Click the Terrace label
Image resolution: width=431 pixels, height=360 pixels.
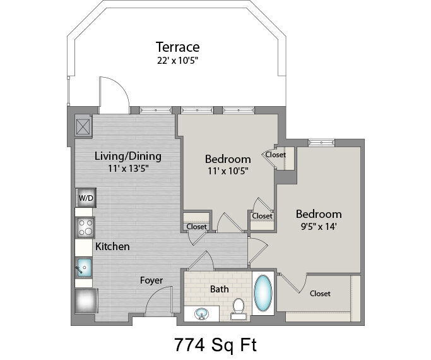pos(177,47)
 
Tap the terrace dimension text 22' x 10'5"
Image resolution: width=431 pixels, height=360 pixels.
pos(177,61)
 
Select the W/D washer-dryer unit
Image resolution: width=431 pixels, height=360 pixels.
pos(86,198)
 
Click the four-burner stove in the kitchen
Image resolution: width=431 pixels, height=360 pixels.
pos(85,228)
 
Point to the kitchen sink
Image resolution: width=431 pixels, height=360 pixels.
pos(84,267)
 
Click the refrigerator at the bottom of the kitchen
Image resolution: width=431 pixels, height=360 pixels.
pos(86,301)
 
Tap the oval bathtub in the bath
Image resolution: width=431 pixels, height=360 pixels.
pos(263,293)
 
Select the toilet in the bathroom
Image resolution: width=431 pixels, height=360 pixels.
pos(239,309)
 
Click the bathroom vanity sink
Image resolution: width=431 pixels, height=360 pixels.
pos(201,313)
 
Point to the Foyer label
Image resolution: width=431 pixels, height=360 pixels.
pos(151,280)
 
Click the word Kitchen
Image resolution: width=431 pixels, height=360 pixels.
pos(112,246)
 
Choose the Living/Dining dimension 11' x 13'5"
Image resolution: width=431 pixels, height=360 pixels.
pos(128,168)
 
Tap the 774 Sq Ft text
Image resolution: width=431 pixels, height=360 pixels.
pos(216,344)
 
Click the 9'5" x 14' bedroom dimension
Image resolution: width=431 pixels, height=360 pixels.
pos(319,227)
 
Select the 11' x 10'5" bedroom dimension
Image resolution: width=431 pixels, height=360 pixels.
pos(228,171)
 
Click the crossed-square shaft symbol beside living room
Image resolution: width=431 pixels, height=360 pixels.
pos(83,127)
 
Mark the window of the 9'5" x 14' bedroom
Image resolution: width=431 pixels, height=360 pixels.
pos(321,143)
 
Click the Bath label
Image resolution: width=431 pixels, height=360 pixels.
pos(219,289)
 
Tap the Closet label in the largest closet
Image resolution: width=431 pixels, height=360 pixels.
pos(320,294)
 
